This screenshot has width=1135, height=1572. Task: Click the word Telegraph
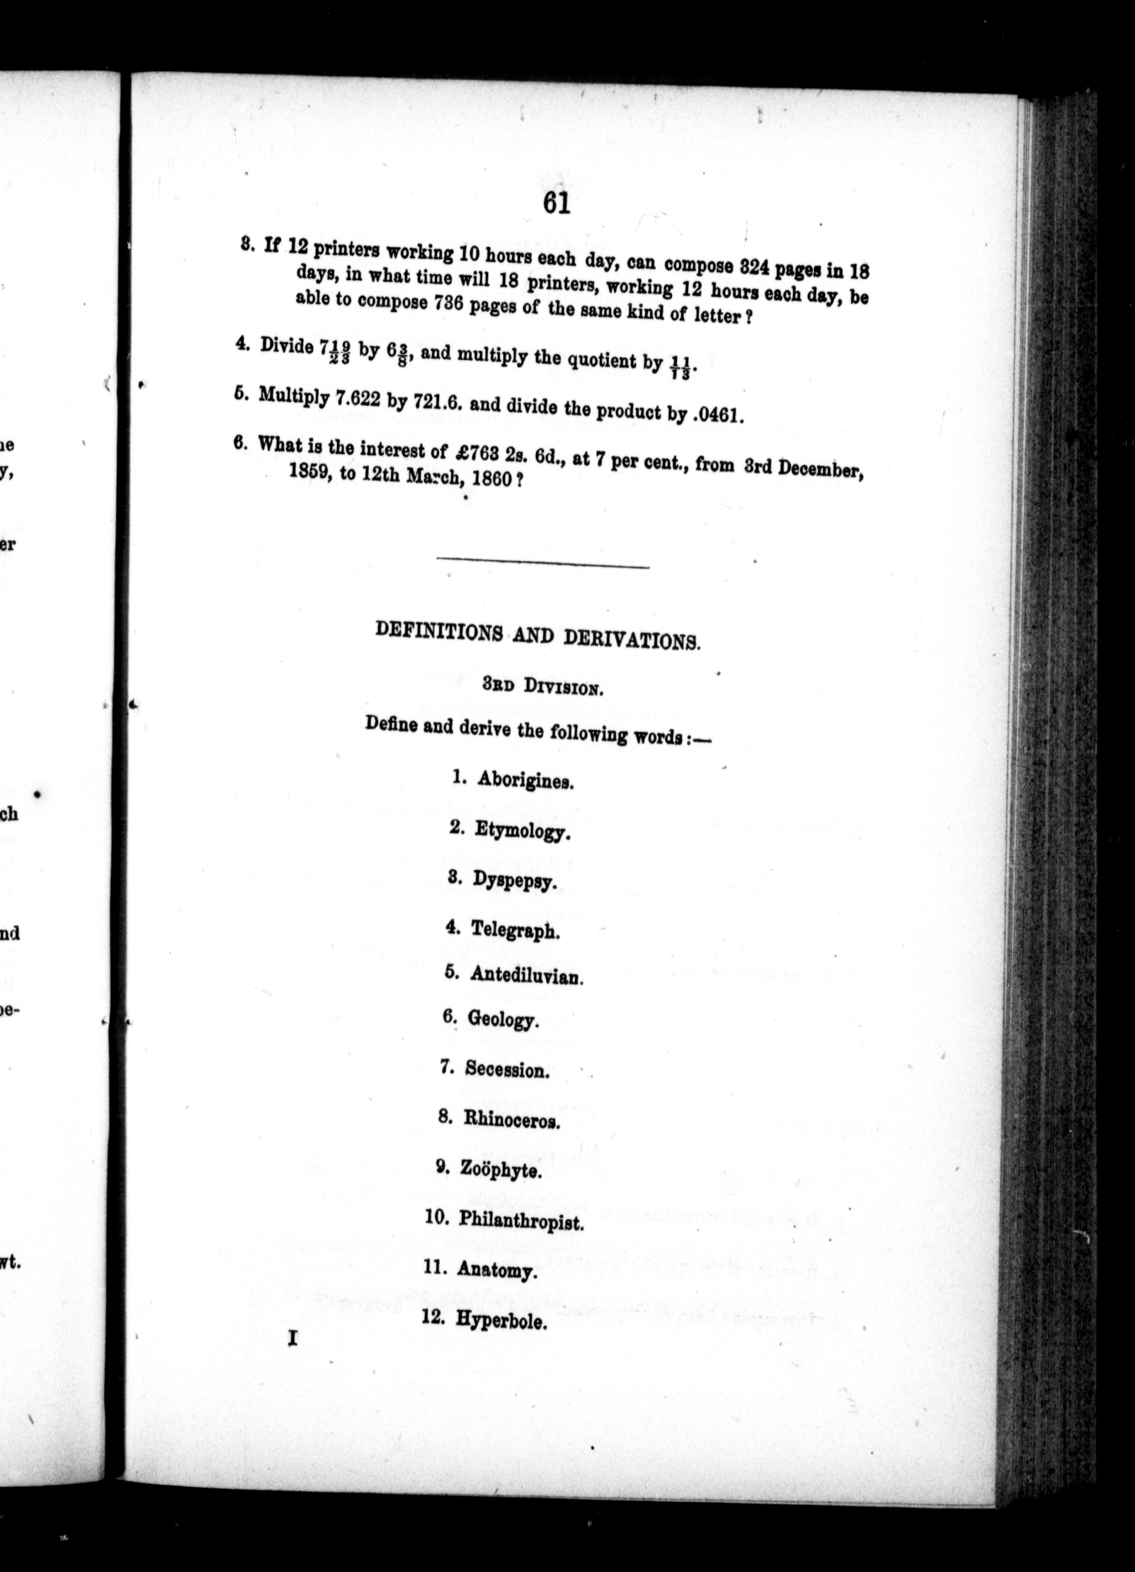(515, 930)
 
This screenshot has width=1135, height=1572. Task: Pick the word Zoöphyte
(500, 1171)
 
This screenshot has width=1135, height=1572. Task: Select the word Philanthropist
(521, 1221)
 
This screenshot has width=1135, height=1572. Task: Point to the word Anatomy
(497, 1271)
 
